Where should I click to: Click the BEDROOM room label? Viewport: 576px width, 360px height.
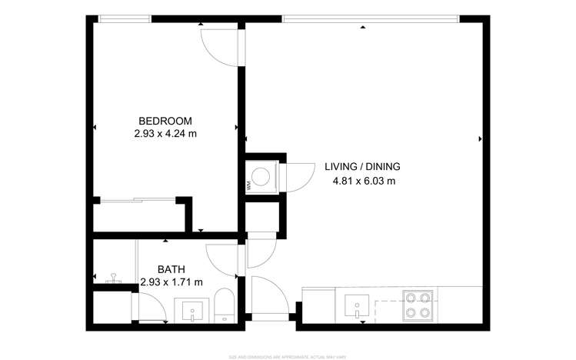click(x=165, y=121)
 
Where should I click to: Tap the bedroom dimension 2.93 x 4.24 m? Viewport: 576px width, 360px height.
click(x=165, y=133)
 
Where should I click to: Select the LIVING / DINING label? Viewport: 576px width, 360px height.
click(x=361, y=167)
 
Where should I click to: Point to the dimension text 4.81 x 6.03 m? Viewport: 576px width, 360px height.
click(x=363, y=182)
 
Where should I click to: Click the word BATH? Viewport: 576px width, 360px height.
click(x=170, y=269)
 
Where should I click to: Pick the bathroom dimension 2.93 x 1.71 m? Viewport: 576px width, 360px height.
click(x=171, y=282)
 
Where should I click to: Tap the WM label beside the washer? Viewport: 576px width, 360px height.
click(x=248, y=185)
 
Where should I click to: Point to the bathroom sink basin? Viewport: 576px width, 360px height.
click(x=192, y=310)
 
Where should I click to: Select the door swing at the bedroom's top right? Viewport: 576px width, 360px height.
click(x=220, y=48)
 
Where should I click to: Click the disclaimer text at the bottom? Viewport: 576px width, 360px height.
click(x=288, y=356)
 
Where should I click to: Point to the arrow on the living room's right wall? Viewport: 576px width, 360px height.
click(x=480, y=138)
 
